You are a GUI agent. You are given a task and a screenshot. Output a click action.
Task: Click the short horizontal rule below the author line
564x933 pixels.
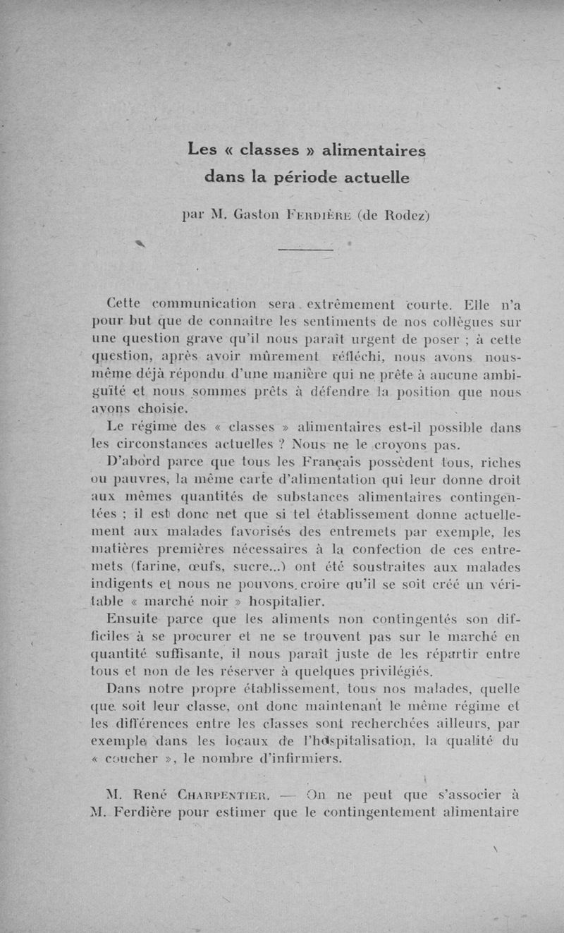305,249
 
